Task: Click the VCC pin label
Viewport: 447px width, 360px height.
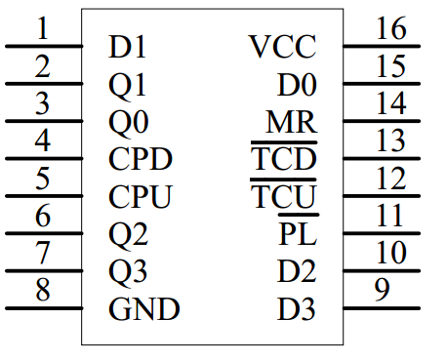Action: point(282,47)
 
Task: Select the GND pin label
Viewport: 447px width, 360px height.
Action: point(144,310)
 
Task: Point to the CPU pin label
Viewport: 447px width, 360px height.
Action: point(141,198)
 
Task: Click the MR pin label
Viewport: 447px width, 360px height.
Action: point(292,123)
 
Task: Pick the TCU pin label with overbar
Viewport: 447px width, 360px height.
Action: point(284,198)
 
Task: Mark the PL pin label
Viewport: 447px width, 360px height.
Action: point(298,235)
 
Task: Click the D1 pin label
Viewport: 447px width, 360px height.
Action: point(127,47)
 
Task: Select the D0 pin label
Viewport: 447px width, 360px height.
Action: point(298,85)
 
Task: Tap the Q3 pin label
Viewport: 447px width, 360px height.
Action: point(128,273)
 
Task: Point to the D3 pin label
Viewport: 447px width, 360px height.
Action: point(298,310)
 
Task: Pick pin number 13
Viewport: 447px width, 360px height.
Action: point(390,141)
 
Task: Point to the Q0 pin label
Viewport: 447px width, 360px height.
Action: point(128,123)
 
